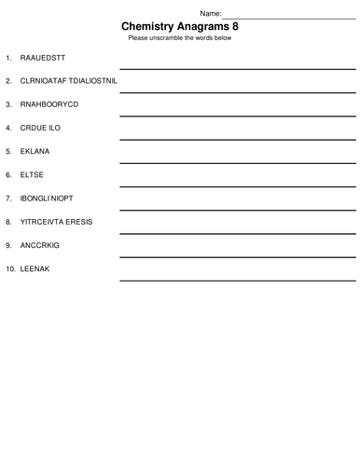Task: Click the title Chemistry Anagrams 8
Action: [x=180, y=27]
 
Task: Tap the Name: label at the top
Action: [x=212, y=13]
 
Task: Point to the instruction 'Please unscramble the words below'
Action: [x=180, y=38]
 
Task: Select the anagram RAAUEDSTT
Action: [x=39, y=58]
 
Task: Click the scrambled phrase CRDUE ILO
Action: [x=40, y=128]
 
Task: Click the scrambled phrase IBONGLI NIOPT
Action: [x=47, y=199]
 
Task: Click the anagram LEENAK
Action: [x=35, y=268]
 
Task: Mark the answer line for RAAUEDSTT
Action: [x=237, y=68]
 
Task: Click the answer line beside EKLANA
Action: [x=237, y=162]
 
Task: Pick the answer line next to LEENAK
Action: [x=237, y=280]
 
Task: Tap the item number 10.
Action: [x=10, y=268]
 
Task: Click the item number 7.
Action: [x=8, y=199]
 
